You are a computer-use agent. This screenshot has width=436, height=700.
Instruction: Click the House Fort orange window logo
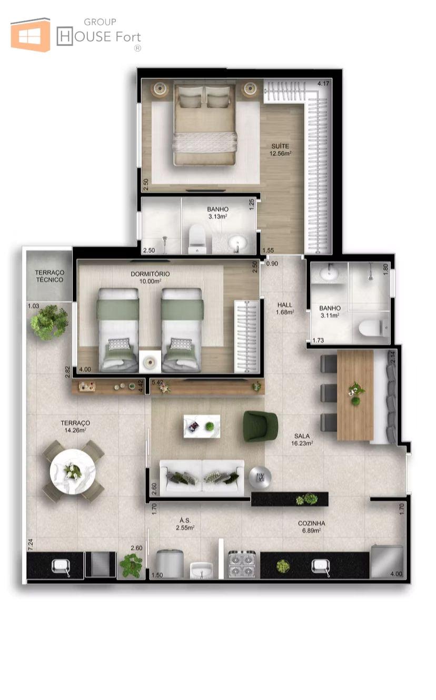point(31,34)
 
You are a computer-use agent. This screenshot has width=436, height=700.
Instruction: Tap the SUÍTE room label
point(280,146)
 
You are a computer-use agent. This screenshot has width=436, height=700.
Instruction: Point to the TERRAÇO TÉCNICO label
point(49,276)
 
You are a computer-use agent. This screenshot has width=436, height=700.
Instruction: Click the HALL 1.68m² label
point(285,308)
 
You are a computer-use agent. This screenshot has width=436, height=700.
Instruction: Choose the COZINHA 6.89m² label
point(311,526)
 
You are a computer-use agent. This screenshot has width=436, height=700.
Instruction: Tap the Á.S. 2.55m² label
point(185,524)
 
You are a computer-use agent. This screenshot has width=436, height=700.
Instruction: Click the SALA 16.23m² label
point(302,439)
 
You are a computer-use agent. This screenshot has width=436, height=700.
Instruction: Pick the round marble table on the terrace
point(73,471)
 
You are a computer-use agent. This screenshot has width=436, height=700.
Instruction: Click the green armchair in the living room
point(261,426)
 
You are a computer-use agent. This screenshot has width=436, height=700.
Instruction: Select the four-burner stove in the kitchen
point(242,563)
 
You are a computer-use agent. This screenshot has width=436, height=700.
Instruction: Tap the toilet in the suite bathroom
point(197,239)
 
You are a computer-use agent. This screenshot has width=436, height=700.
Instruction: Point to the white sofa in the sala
point(202,478)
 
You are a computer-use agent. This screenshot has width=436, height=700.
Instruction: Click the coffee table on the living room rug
point(202,426)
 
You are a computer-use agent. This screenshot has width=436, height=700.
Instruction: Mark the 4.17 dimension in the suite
point(323,84)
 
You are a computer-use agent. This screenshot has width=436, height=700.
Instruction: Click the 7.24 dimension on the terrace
point(31,544)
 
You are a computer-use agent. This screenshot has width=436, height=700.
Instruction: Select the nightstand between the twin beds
point(150,361)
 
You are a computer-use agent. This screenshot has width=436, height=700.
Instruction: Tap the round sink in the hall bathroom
point(329,275)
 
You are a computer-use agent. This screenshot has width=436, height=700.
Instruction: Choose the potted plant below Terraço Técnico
point(49,322)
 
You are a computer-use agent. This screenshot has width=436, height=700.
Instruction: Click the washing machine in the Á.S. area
point(170,563)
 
